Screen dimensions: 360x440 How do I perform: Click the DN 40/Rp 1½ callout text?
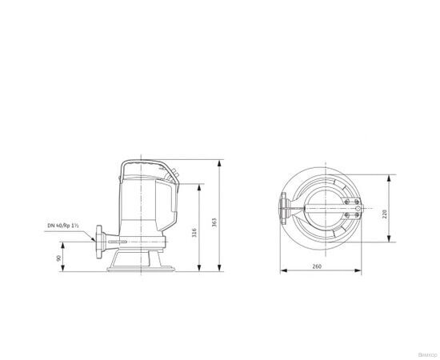click(x=64, y=226)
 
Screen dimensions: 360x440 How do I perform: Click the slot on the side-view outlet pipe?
click(x=118, y=242)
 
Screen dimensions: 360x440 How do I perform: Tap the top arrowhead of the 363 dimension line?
click(x=220, y=161)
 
